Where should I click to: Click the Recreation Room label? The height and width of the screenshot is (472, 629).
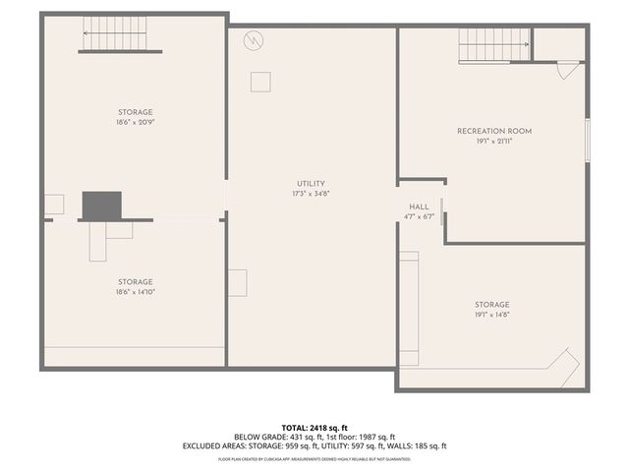point(493,131)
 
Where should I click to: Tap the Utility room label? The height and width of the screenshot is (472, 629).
point(311,184)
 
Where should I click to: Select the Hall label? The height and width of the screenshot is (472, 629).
point(419,206)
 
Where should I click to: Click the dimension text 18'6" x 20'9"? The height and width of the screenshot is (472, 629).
point(136,124)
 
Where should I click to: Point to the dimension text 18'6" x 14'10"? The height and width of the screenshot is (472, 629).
point(136,291)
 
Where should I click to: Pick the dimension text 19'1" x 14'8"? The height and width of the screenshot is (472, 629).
point(492,315)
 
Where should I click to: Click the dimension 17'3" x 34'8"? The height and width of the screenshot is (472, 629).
point(311,194)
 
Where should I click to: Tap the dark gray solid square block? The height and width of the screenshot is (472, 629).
point(101,206)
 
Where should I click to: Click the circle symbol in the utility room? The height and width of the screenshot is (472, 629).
point(255,41)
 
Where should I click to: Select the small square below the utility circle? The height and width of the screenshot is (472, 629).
point(260,82)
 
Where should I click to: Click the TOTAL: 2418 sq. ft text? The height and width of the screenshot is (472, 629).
point(314,428)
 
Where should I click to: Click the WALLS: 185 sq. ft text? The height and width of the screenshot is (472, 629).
point(417,445)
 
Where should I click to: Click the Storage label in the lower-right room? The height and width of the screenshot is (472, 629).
point(492,305)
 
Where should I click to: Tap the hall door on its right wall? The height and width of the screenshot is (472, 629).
point(443,210)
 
